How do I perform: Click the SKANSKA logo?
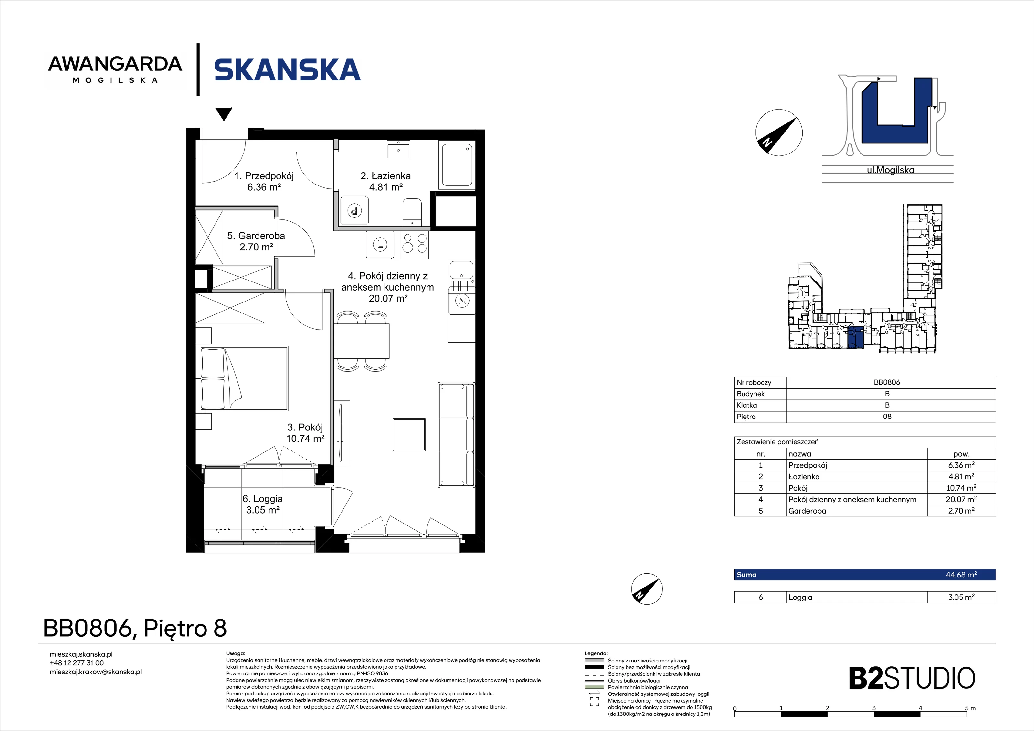(287, 70)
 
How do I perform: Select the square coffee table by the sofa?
(409, 435)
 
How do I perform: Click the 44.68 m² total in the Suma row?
(961, 575)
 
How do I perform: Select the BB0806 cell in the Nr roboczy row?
(887, 382)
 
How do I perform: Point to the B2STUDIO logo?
(912, 678)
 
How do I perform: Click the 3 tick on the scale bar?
(874, 708)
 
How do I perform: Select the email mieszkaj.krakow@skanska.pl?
(96, 672)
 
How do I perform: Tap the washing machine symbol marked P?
(354, 210)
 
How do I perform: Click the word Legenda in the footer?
(596, 653)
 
